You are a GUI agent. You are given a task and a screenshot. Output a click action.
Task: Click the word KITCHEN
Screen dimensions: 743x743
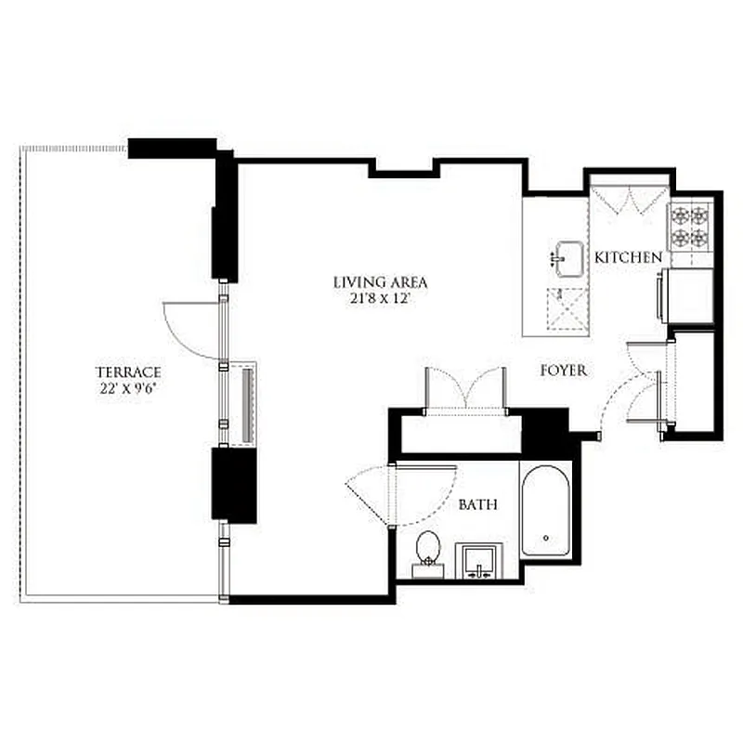[629, 257]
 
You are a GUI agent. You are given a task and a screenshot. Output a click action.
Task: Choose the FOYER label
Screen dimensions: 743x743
[564, 371]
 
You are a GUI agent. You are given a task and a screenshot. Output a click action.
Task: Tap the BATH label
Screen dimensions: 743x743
[478, 505]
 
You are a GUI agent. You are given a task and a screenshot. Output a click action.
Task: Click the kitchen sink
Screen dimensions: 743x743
[567, 258]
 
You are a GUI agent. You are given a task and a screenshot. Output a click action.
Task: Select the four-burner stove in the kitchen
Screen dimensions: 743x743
[691, 226]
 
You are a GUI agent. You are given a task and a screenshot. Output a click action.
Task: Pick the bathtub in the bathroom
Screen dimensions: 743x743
[545, 514]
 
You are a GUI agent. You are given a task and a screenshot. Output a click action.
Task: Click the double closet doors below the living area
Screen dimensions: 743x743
[466, 388]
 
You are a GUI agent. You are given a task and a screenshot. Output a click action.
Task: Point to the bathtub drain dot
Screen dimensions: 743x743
[545, 537]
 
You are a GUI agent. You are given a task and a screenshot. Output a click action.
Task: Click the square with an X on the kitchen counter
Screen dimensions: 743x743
[567, 308]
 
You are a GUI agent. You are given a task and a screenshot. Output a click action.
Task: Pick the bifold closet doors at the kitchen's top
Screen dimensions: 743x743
[629, 199]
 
